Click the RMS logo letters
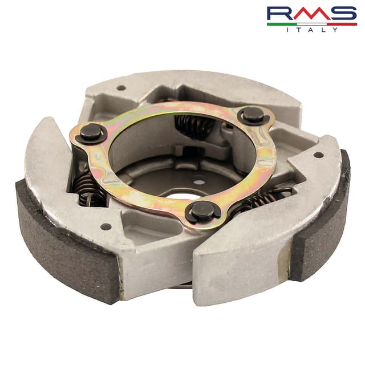pyautogui.click(x=312, y=14)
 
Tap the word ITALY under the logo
pyautogui.click(x=312, y=30)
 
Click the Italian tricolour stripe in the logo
pyautogui.click(x=312, y=24)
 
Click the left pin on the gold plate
pyautogui.click(x=91, y=133)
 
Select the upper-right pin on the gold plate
pyautogui.click(x=253, y=115)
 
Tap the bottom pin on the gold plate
pyautogui.click(x=202, y=211)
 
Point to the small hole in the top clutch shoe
pyautogui.click(x=121, y=88)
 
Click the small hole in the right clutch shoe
pyautogui.click(x=318, y=155)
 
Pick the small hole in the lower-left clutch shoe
pyautogui.click(x=106, y=226)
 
